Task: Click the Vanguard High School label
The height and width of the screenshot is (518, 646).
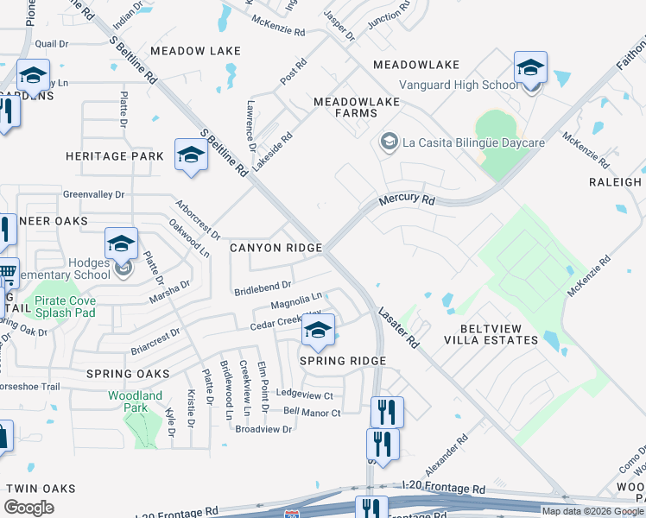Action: [459, 85]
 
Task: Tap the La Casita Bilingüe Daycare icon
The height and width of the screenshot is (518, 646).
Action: [389, 142]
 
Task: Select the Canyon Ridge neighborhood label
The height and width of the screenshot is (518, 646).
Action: [275, 248]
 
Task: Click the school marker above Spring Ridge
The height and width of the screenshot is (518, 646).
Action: [318, 331]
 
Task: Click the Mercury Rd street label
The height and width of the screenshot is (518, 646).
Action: [407, 199]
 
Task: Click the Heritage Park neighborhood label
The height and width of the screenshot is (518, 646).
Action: [115, 156]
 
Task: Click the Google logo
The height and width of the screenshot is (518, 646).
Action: [28, 508]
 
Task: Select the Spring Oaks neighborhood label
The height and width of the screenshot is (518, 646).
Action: [128, 374]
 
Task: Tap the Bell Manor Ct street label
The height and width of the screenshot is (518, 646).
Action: [312, 413]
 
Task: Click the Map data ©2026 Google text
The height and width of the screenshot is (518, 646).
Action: [592, 511]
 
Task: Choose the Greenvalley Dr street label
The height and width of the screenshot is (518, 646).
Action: [93, 195]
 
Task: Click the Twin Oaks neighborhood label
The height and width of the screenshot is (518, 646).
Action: [41, 489]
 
